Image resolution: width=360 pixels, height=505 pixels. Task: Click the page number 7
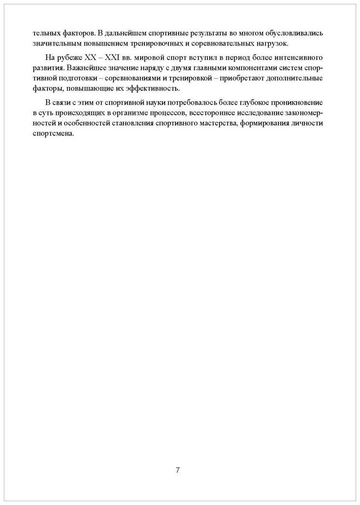point(178,470)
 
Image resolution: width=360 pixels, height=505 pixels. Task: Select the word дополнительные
point(297,78)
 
